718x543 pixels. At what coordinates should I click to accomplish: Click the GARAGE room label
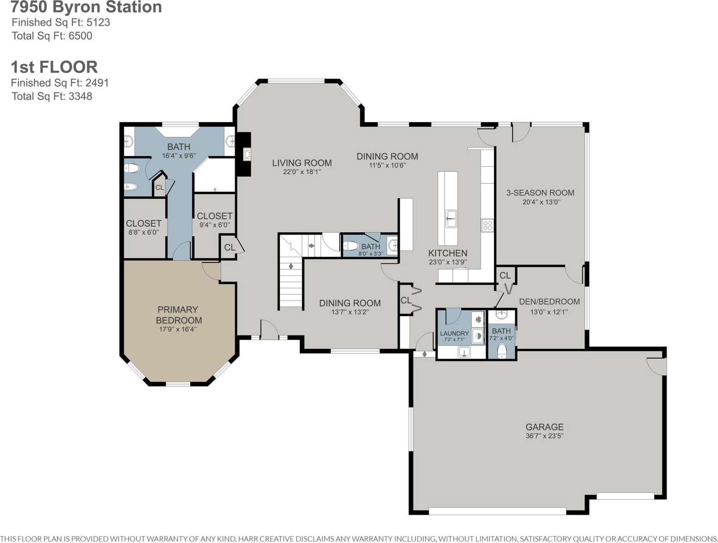coord(544,427)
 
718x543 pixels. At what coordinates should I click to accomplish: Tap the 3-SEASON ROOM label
coord(540,193)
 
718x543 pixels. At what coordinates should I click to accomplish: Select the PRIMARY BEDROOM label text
coord(178,315)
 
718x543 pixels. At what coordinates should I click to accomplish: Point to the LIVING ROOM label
coord(302,163)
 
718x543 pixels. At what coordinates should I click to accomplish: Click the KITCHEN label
coord(448,253)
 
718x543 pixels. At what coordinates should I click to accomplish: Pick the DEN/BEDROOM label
coord(549,301)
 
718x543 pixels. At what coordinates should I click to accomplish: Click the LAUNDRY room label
coord(454,333)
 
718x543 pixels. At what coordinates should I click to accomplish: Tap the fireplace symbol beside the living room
coord(247,154)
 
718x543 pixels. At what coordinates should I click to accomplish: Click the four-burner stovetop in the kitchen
coord(487,225)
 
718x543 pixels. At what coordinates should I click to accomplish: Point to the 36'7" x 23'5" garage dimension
coord(544,436)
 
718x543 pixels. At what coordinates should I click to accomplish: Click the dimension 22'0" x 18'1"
coord(302,172)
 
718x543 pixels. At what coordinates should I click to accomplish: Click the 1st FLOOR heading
coord(55,67)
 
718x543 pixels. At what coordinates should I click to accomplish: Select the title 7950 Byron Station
coord(86,7)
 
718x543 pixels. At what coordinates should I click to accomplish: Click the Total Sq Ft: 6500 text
coord(52,36)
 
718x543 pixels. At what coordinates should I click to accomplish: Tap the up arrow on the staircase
coord(291,266)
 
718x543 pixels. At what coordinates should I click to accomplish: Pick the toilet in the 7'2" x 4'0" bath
coord(502,351)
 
